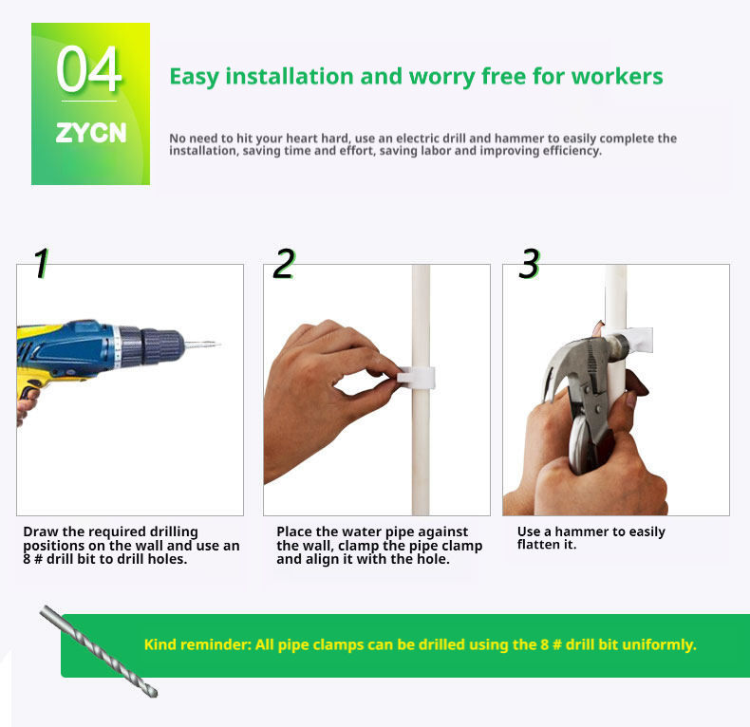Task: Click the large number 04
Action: tap(88, 69)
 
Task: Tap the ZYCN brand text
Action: tap(91, 133)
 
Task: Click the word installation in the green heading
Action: tap(290, 77)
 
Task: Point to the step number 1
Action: tap(41, 263)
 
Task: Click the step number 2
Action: tap(284, 263)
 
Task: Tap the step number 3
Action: tap(530, 263)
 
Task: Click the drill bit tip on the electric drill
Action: tap(219, 344)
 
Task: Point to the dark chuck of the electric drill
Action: tap(161, 345)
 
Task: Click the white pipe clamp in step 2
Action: tap(415, 377)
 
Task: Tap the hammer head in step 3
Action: tap(589, 355)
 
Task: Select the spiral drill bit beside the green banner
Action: tap(99, 651)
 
